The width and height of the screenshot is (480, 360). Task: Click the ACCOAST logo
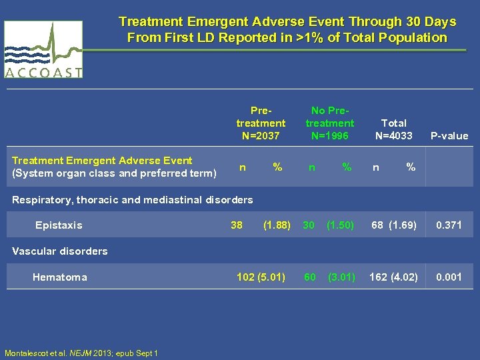[43, 50]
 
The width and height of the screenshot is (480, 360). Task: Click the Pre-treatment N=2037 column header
[261, 123]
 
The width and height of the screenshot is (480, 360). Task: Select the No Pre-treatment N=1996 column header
[330, 123]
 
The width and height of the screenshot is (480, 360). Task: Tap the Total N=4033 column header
[393, 129]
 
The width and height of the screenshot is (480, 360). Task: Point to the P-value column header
[449, 136]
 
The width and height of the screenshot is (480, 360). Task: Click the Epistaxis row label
[59, 225]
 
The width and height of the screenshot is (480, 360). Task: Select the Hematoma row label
[59, 277]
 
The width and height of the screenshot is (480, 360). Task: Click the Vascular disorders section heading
[60, 251]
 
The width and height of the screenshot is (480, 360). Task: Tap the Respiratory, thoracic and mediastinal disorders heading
[133, 199]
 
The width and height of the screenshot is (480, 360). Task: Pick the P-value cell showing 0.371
[449, 225]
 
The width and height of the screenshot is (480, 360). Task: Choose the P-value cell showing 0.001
[449, 277]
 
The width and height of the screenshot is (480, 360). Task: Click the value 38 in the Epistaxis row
[237, 225]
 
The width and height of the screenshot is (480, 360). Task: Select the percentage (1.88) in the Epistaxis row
[277, 225]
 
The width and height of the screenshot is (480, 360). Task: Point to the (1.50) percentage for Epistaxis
[341, 225]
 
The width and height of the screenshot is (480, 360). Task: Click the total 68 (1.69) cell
[394, 225]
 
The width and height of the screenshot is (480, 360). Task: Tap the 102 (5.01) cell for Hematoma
[261, 277]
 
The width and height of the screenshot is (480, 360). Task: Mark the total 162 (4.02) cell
[394, 277]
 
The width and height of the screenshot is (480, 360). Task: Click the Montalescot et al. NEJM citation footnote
[81, 353]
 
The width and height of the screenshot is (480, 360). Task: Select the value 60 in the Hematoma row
[310, 277]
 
